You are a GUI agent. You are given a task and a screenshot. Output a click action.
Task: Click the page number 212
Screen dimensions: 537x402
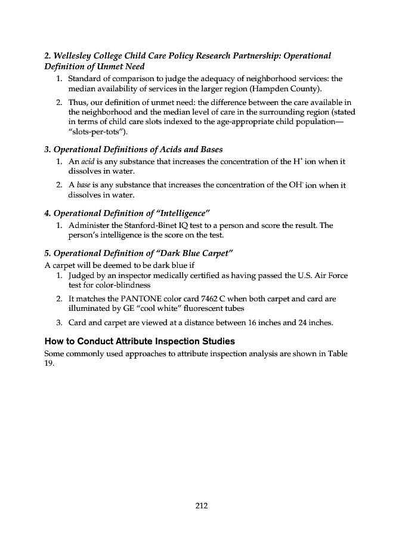click(201, 507)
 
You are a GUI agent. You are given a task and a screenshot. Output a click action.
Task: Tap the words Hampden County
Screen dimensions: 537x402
click(289, 89)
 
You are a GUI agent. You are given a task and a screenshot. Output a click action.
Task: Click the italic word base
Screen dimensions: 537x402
click(84, 185)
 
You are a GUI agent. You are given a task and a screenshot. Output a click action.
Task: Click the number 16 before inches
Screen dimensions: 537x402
click(251, 323)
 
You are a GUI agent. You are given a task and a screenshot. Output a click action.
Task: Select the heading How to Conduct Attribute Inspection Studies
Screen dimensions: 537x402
click(140, 342)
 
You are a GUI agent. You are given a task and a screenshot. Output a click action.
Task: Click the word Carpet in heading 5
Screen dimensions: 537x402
click(212, 253)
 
